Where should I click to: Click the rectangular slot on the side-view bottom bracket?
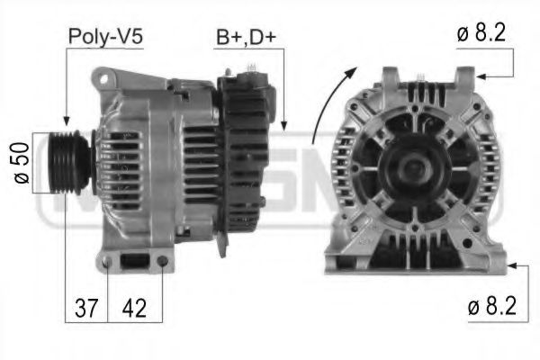pos(135,263)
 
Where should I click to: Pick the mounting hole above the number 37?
pos(108,265)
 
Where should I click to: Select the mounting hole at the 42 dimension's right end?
pos(161,263)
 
